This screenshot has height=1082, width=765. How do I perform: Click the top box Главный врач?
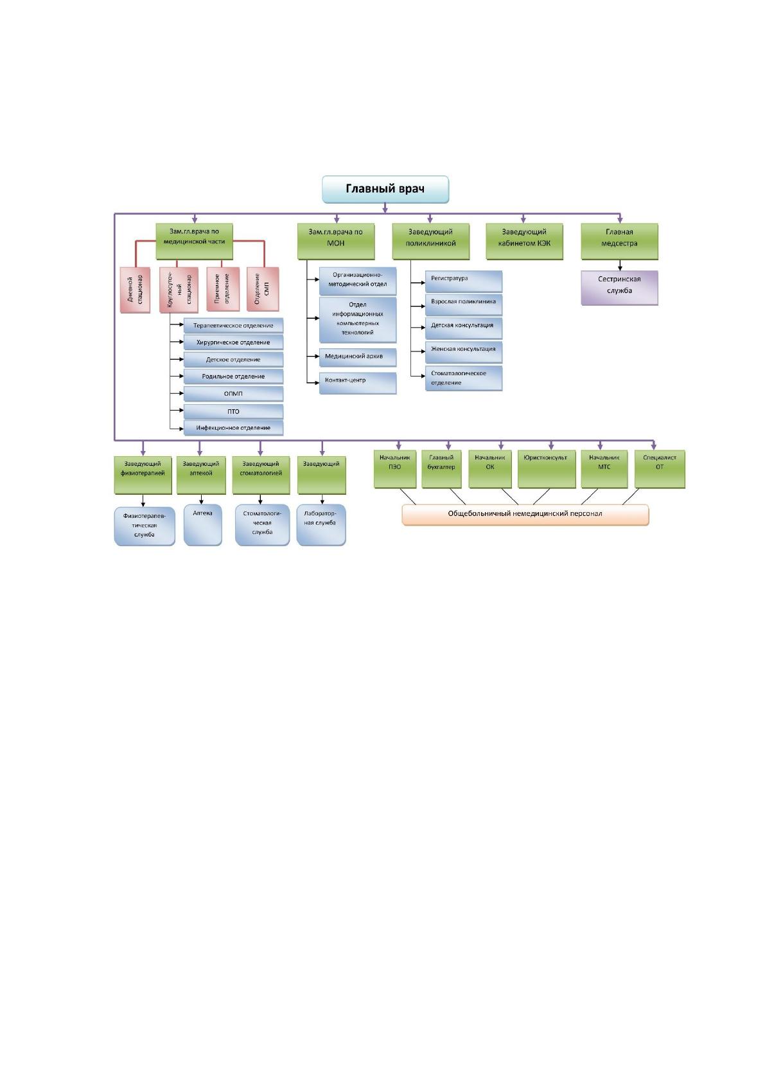[x=385, y=190]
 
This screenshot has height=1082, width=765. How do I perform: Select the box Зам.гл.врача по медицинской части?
[x=194, y=241]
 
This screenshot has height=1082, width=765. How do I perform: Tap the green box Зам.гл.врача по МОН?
[x=336, y=241]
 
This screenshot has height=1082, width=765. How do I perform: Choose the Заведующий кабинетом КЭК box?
[x=524, y=241]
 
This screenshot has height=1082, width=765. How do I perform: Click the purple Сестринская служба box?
[x=619, y=288]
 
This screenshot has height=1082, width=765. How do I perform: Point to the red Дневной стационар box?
[x=136, y=290]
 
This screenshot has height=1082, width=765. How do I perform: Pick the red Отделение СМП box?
[x=262, y=289]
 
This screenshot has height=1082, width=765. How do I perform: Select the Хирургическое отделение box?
[x=233, y=342]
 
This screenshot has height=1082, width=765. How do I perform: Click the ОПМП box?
[x=233, y=394]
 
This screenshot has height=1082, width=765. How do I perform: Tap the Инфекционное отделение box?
[x=233, y=428]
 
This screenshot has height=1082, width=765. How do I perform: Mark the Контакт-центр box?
[x=357, y=383]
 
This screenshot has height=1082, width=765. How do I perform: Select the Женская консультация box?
[x=463, y=352]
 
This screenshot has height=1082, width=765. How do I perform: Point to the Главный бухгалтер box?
[x=441, y=469]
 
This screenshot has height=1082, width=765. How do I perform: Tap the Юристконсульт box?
[x=547, y=469]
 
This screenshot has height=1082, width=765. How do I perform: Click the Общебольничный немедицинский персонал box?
[x=525, y=515]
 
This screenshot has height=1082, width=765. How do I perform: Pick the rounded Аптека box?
[x=202, y=525]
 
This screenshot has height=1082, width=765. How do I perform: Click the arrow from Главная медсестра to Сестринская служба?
[x=620, y=265]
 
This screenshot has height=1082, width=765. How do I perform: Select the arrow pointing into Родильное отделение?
[x=176, y=377]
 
